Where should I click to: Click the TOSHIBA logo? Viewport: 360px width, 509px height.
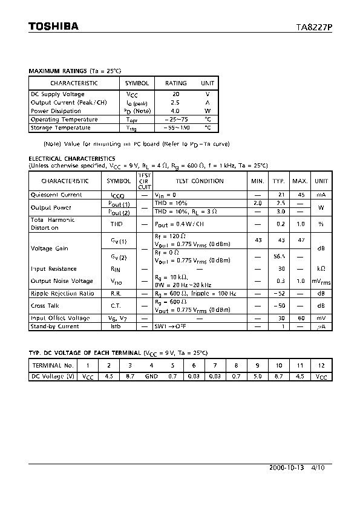point(54,26)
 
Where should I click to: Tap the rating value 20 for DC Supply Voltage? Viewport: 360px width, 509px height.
point(176,94)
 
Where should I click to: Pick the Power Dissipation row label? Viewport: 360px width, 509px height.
point(56,111)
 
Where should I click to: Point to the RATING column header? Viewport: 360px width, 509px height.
point(176,83)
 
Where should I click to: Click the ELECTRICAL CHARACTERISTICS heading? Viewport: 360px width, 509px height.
point(72,158)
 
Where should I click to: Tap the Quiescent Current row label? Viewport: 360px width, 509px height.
point(56,195)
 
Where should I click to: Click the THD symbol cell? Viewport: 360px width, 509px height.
point(116,224)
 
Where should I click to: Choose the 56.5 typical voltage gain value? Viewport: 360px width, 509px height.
point(279,256)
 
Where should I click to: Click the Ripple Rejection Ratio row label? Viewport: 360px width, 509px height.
point(62,293)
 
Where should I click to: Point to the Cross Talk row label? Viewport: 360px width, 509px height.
point(45,306)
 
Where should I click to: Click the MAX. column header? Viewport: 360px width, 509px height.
point(300,181)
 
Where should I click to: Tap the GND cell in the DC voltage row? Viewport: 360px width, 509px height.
point(151,376)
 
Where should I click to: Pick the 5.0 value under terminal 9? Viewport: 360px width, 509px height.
point(258,376)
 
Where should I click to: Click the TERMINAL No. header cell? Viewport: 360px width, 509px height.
point(52,365)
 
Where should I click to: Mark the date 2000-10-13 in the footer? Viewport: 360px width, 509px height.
point(287,467)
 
